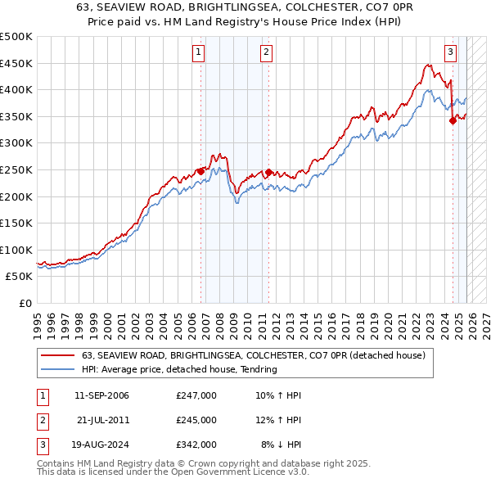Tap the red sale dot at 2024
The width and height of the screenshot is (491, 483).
(x=453, y=121)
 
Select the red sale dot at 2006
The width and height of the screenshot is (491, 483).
(x=200, y=171)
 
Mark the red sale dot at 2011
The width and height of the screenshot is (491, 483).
(x=268, y=173)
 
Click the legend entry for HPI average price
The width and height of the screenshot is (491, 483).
(x=179, y=369)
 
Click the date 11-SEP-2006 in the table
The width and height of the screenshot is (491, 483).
(x=101, y=395)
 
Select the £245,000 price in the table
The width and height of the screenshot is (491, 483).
(x=196, y=420)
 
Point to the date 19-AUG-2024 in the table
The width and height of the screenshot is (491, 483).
(x=101, y=445)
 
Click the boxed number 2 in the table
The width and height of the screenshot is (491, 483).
(x=42, y=420)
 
